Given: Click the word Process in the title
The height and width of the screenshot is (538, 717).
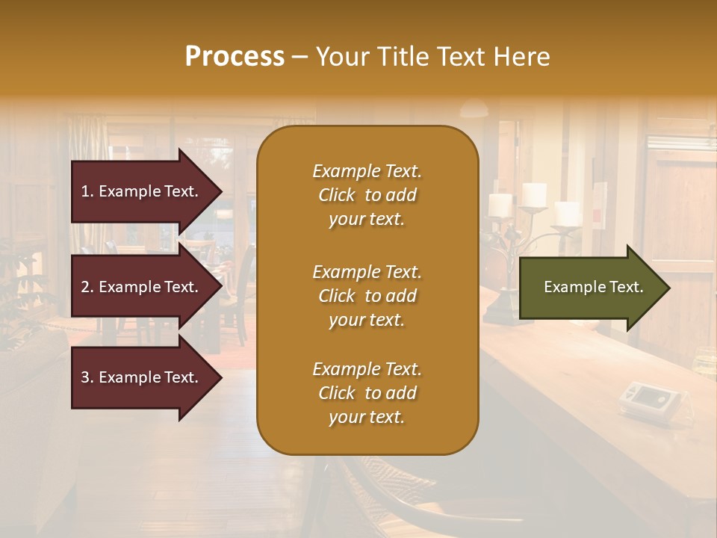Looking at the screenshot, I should click(x=235, y=57).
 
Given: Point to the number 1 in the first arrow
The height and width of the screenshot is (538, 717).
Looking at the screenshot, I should click(x=85, y=191).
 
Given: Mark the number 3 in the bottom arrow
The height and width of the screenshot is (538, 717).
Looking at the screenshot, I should click(x=85, y=377).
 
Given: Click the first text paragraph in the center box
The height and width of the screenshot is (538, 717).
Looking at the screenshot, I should click(x=367, y=195).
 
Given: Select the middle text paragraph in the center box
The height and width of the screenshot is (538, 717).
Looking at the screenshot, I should click(x=367, y=296).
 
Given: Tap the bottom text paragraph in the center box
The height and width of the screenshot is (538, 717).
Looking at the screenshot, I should click(x=367, y=393).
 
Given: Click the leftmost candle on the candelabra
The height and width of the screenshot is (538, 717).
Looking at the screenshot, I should click(x=500, y=204).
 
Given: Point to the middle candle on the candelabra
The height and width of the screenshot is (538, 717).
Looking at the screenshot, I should click(x=533, y=194).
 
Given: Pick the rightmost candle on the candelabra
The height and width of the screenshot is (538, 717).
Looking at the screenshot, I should click(x=567, y=212).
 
